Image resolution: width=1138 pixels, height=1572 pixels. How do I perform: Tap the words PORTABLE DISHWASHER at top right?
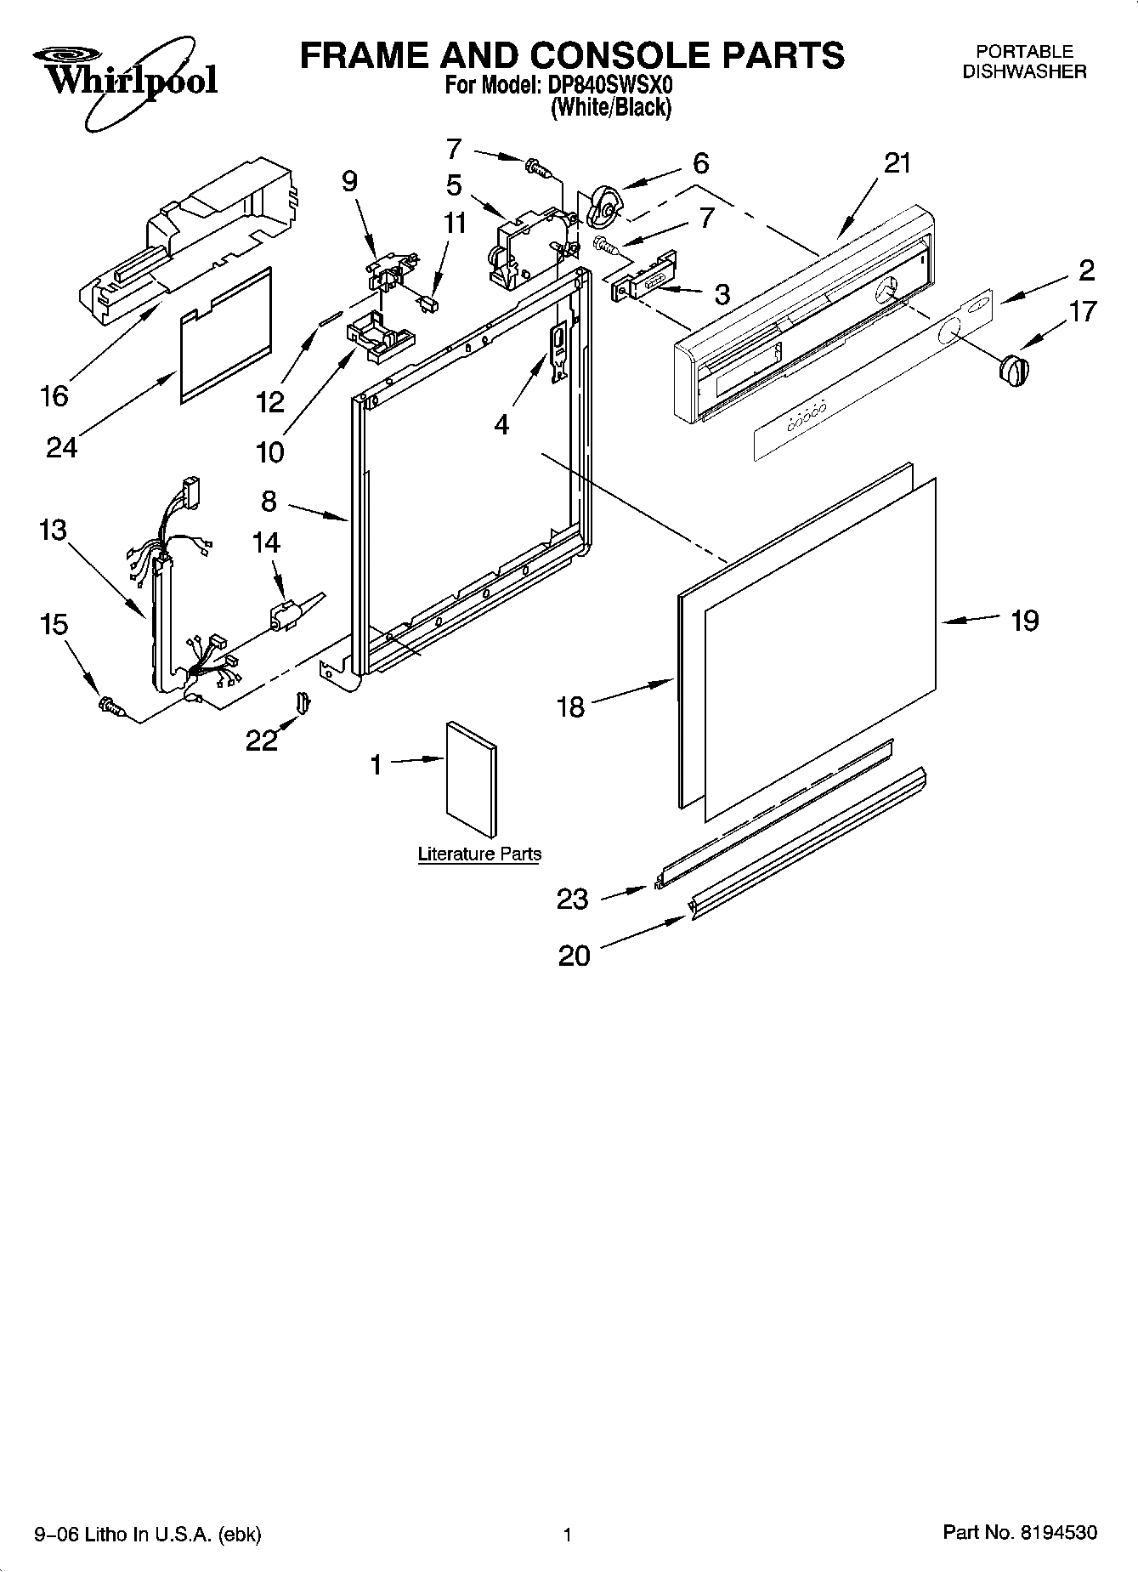coord(1024,62)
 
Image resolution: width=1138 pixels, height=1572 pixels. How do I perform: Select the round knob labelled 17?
coord(1013,371)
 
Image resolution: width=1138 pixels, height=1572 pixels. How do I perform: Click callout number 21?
coord(897,163)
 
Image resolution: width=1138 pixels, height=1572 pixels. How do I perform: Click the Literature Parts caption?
coord(479,854)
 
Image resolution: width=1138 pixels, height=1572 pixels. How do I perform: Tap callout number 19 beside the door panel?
coord(1025,621)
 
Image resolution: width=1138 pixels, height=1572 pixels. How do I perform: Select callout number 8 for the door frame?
coord(269,501)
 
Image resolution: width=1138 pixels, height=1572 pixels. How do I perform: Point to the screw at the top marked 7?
coord(537,169)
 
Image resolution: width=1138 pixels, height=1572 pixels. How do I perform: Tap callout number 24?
coord(61,446)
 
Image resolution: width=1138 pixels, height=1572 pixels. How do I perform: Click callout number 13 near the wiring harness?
coord(53,530)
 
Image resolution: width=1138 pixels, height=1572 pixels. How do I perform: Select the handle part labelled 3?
coord(644,277)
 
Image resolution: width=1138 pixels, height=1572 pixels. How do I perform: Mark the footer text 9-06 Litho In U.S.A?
coord(147,1534)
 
